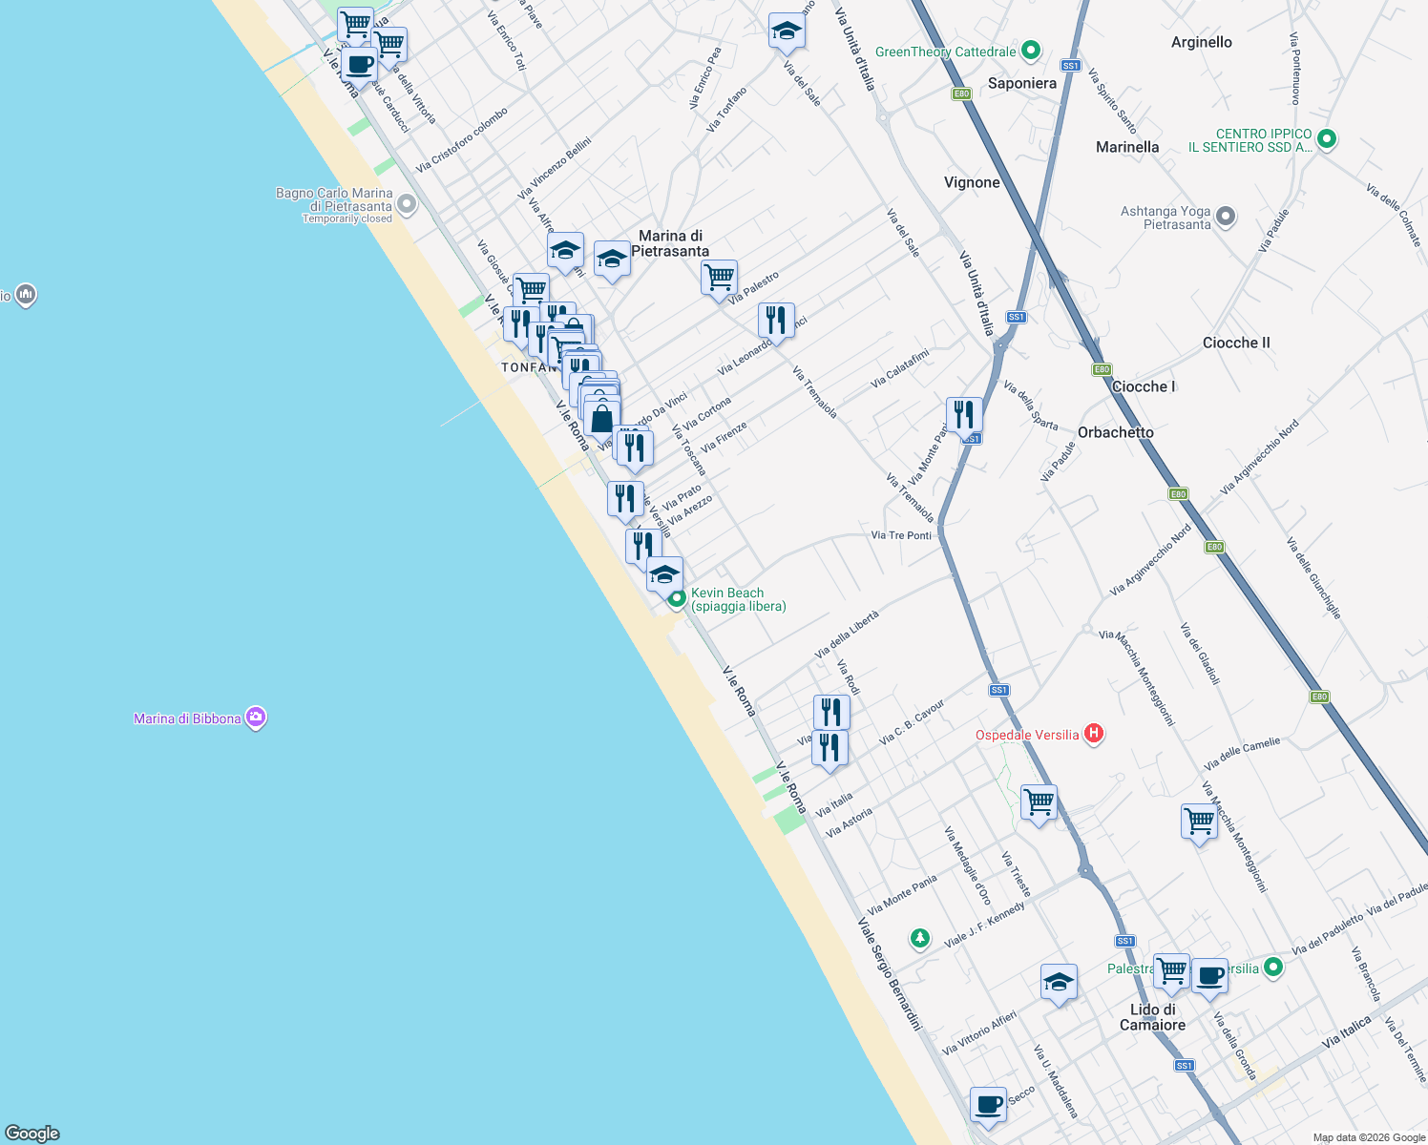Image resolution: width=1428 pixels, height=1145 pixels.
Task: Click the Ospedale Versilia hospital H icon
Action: point(1094,734)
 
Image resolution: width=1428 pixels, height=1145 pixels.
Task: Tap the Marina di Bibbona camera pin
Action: point(255,718)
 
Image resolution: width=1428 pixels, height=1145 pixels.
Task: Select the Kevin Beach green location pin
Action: point(677,599)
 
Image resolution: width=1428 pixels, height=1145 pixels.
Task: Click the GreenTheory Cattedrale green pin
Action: point(1030,51)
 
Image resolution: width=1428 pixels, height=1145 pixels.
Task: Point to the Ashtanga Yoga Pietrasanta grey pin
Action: point(1226,218)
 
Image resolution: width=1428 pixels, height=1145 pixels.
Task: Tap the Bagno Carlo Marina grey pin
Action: point(407,204)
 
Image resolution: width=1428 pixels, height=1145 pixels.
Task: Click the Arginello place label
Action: point(1201,42)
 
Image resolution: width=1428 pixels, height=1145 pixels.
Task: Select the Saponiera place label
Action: point(1021,83)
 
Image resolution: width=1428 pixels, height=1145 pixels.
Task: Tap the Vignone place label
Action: point(972,182)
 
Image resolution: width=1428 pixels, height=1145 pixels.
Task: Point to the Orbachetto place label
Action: point(1115,432)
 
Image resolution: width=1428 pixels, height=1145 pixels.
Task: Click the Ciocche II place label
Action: point(1236,343)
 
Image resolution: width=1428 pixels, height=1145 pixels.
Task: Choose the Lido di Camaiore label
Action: point(1152,1017)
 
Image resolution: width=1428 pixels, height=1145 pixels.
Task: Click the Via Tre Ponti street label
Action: point(901,535)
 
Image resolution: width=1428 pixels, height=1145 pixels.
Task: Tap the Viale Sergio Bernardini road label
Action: point(890,974)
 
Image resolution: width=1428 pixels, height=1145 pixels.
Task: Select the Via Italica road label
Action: point(1346,1031)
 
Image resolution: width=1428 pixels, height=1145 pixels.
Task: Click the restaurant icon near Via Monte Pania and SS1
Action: point(964,414)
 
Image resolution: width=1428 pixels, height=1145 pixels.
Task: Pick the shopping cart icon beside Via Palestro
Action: point(719,278)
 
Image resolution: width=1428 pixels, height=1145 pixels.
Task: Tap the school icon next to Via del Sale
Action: point(786,31)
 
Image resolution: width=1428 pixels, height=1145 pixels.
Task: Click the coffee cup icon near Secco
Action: point(989,1104)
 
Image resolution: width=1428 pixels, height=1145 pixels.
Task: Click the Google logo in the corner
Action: point(32,1133)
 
